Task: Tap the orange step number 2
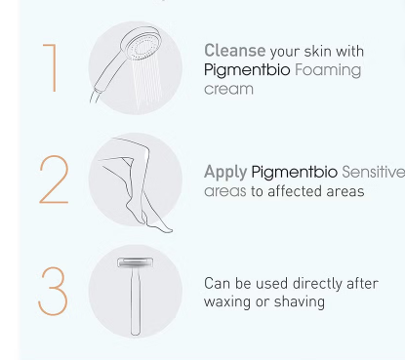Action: pos(54,180)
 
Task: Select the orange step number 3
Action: pos(54,291)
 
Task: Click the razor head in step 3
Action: pos(135,262)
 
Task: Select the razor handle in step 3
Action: pos(136,300)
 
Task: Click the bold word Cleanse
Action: pos(235,51)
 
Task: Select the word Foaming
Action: pos(328,70)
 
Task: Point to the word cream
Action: pos(228,89)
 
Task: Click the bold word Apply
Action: pos(225,173)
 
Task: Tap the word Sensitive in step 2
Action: pos(374,172)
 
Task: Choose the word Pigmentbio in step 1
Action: pos(247,70)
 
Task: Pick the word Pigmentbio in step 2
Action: pos(295,173)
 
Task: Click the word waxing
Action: pos(227,302)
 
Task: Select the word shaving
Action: pos(300,301)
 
